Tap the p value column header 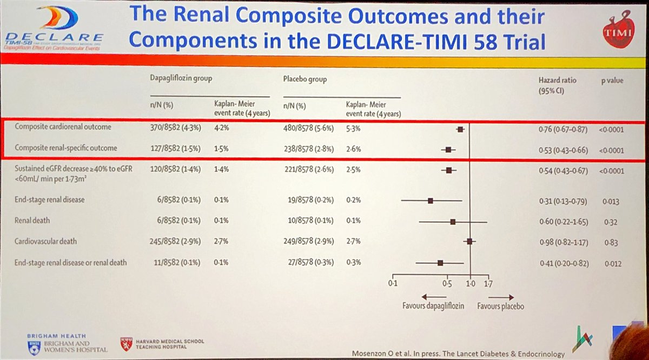(612, 81)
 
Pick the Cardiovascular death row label (47, 242)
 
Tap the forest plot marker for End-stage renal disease (431, 201)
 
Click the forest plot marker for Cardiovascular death (469, 242)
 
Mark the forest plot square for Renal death (453, 222)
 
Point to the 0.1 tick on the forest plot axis (393, 283)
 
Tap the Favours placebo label (500, 306)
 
